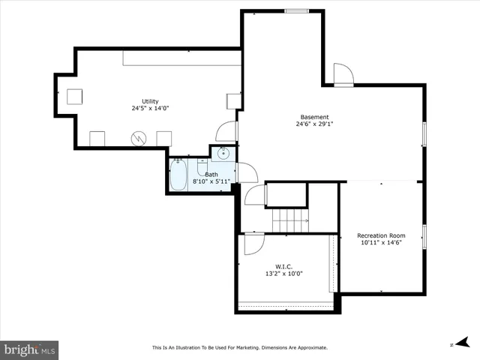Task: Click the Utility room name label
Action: [150, 101]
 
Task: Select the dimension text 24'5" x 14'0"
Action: [150, 109]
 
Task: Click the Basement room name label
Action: [314, 117]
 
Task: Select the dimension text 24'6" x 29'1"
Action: [314, 125]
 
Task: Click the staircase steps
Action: [291, 221]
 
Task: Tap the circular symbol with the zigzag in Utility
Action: [138, 138]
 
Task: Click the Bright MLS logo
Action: [30, 349]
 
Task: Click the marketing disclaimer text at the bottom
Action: [240, 347]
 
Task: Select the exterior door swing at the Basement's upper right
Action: [343, 74]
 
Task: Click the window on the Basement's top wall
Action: [296, 10]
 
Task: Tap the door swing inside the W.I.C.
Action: [253, 243]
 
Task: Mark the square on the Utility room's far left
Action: [74, 96]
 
